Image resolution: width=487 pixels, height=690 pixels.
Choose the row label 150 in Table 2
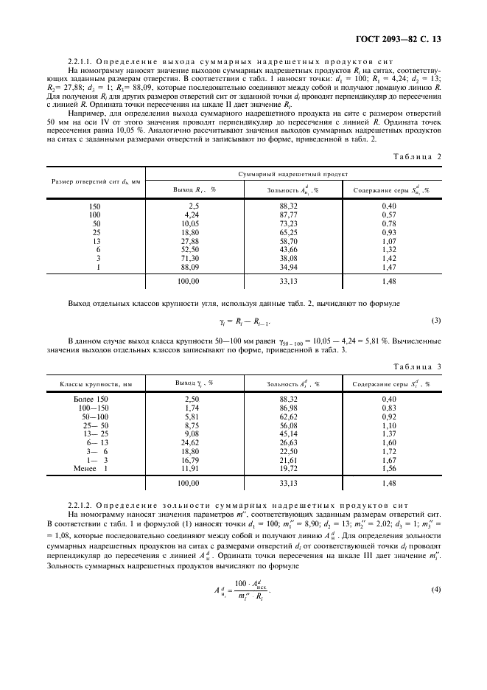pyautogui.click(x=94, y=206)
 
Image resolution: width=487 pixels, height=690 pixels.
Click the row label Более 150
pyautogui.click(x=91, y=377)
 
